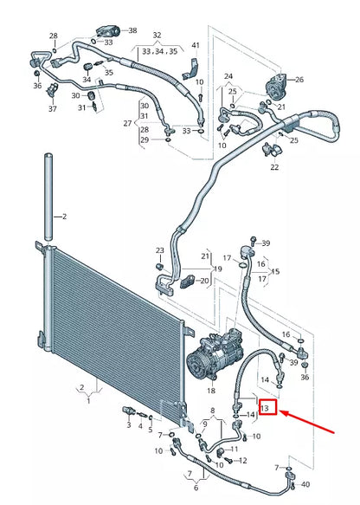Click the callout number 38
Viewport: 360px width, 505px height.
coord(132,29)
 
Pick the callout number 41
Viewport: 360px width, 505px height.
coord(195,45)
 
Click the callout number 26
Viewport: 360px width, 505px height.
coord(299,80)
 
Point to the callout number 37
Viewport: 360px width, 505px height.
coord(52,109)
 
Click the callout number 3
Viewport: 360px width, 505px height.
coord(128,424)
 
